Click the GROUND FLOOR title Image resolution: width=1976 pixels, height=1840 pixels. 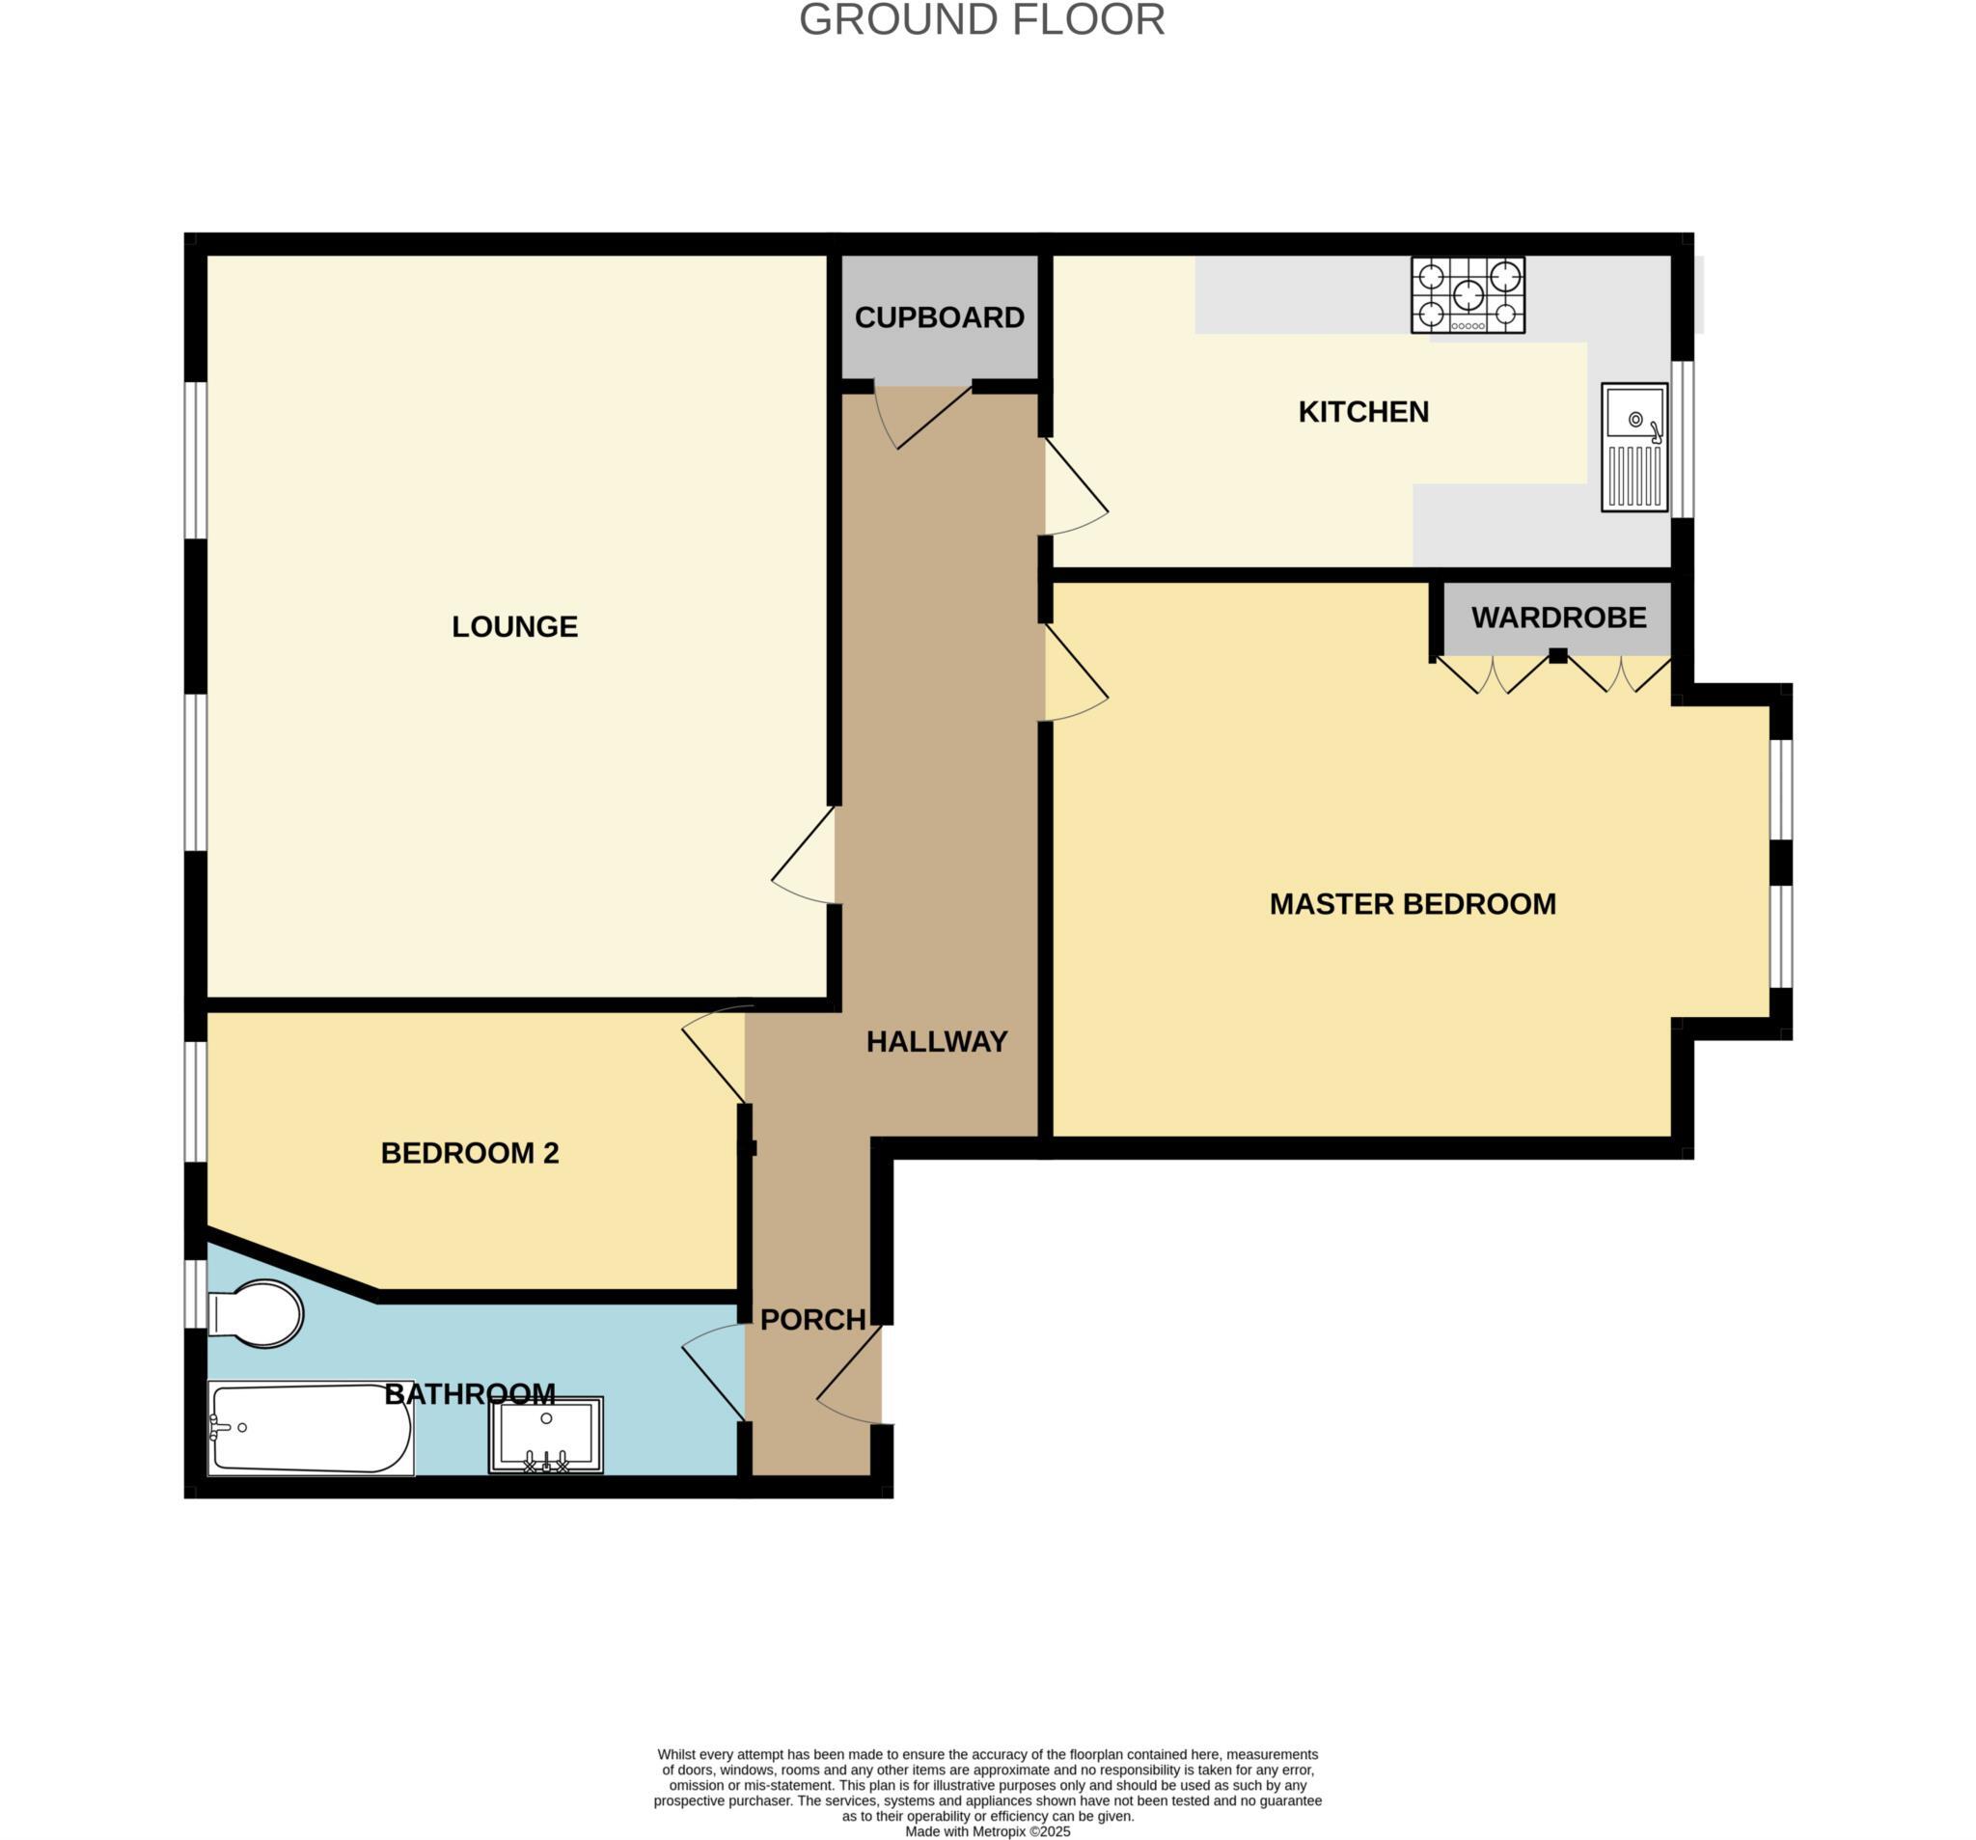point(981,21)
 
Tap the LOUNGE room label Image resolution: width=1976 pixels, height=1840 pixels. point(514,626)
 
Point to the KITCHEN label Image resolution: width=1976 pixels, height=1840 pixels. point(1362,412)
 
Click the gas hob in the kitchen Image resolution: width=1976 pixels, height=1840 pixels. point(1468,295)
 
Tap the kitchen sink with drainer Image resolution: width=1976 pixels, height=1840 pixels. point(1633,448)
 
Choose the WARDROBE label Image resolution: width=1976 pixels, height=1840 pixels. point(1557,618)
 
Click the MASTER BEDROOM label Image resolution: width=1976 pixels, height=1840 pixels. point(1412,904)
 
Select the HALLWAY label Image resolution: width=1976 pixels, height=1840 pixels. point(936,1042)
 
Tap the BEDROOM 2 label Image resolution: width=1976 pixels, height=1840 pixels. point(469,1153)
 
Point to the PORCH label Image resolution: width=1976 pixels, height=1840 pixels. point(813,1319)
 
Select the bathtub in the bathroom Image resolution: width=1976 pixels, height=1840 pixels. point(310,1428)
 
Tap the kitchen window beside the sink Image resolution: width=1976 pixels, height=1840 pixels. point(1682,438)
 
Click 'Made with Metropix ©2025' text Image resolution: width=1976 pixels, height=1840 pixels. point(987,1830)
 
